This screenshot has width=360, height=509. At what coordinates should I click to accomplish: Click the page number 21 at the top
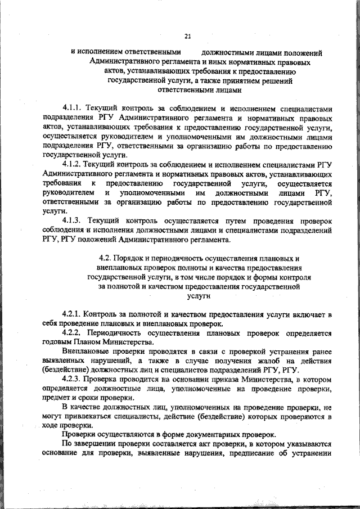click(x=188, y=37)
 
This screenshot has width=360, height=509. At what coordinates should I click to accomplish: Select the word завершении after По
click(x=96, y=445)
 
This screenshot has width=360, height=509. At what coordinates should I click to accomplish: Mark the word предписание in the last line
click(x=254, y=454)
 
